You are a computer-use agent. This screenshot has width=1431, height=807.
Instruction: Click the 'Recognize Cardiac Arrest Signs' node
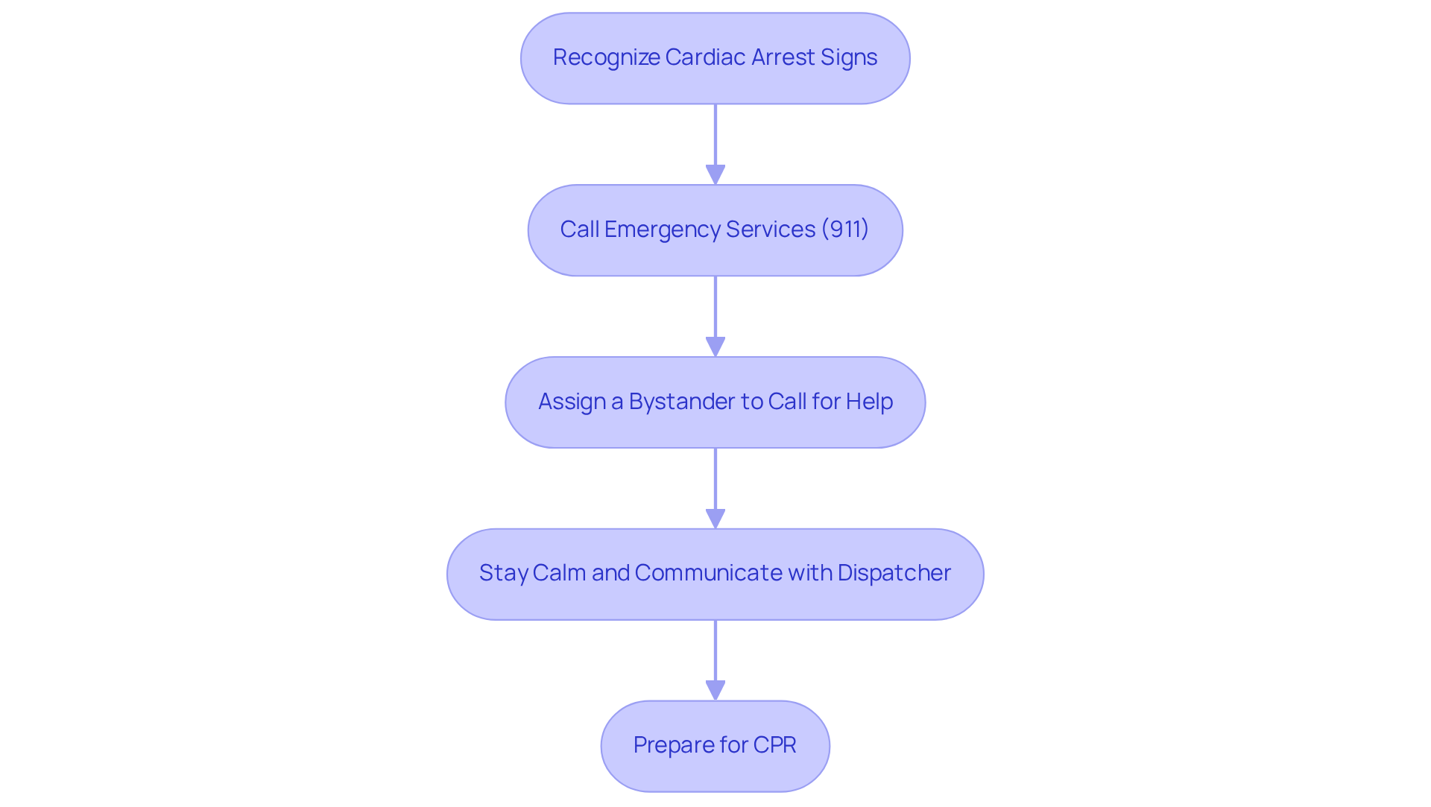tap(715, 58)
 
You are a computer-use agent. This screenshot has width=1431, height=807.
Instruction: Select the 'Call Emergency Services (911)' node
tap(715, 230)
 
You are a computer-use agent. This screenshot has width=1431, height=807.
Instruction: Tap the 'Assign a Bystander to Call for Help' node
tap(715, 402)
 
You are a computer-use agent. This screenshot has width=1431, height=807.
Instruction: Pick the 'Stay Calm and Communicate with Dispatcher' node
tap(715, 574)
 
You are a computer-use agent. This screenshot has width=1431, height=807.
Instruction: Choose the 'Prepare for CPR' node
tap(715, 746)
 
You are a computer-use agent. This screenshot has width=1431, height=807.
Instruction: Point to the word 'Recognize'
tap(606, 57)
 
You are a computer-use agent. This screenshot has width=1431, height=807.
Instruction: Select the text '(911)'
tap(845, 230)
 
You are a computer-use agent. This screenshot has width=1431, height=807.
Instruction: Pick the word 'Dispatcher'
tap(894, 573)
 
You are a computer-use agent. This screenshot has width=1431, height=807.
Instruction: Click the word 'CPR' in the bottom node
tap(774, 745)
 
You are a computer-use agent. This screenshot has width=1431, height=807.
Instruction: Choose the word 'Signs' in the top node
tap(849, 57)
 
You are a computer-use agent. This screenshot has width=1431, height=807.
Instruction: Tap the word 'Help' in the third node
tap(869, 402)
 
